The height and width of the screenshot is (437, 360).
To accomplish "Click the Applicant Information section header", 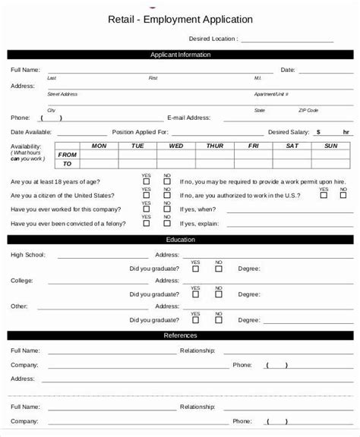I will (x=181, y=55).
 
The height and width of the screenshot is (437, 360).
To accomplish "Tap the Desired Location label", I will (x=213, y=38).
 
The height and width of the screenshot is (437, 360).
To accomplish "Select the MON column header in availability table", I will (x=99, y=146).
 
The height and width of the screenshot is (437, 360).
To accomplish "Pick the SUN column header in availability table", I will (x=331, y=146).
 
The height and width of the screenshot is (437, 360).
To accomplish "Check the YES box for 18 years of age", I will (x=146, y=182).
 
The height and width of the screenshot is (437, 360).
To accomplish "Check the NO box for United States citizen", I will (x=166, y=195).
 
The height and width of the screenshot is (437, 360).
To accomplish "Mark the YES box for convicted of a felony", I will (x=146, y=223).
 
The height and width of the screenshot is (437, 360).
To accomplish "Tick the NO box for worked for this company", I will (x=166, y=209).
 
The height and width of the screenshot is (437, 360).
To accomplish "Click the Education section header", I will (x=181, y=240).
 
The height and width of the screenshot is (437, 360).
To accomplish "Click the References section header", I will (x=181, y=335).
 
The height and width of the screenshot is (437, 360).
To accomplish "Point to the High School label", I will (x=27, y=255).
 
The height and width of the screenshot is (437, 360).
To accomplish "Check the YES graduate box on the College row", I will (x=195, y=294).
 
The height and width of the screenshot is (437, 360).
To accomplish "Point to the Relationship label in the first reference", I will (x=197, y=351).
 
